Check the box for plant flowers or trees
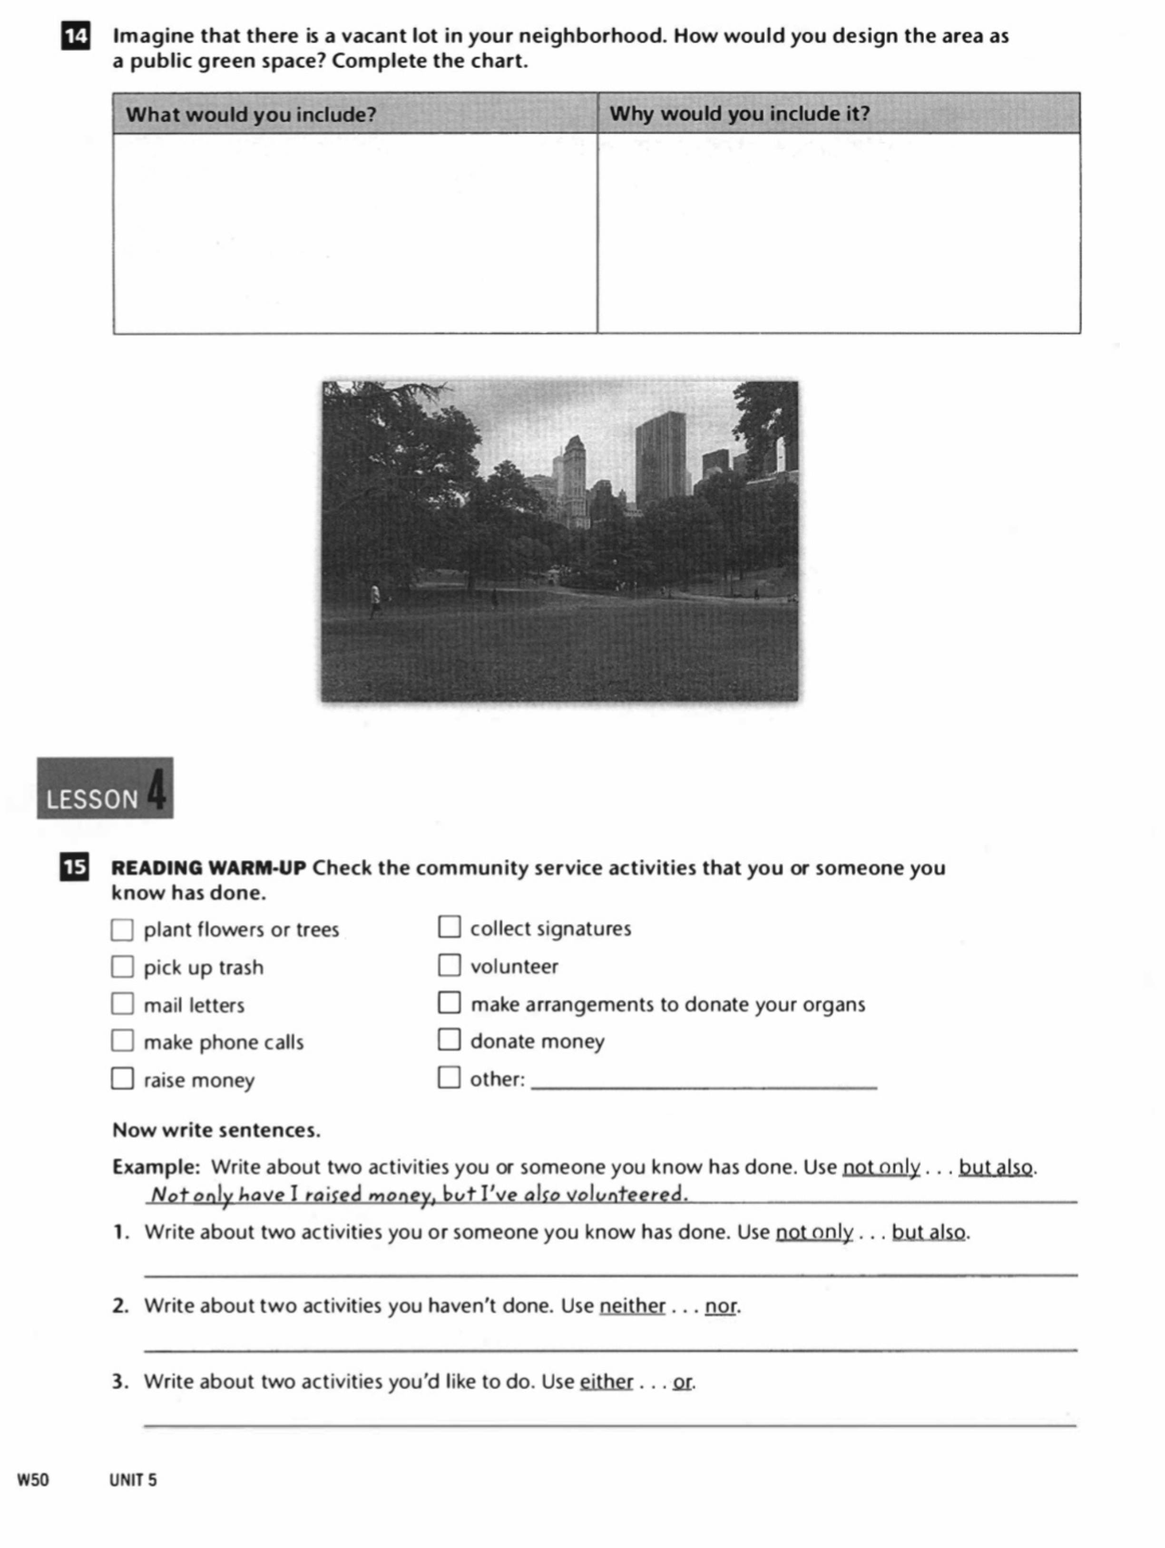[x=122, y=930]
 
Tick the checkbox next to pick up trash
[x=122, y=967]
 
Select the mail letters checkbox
[x=122, y=1004]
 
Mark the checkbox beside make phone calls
[x=122, y=1041]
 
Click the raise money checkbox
[x=122, y=1078]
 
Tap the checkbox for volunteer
[x=449, y=965]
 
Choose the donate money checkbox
[x=449, y=1040]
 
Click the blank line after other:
[x=703, y=1081]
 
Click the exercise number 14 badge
[x=76, y=36]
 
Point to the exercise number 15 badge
[x=74, y=868]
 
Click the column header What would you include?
[x=251, y=114]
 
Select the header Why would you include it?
[x=740, y=113]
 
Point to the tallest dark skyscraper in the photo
[x=660, y=459]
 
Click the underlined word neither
[x=632, y=1306]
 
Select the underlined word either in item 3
[x=606, y=1382]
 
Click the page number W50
[x=33, y=1480]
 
